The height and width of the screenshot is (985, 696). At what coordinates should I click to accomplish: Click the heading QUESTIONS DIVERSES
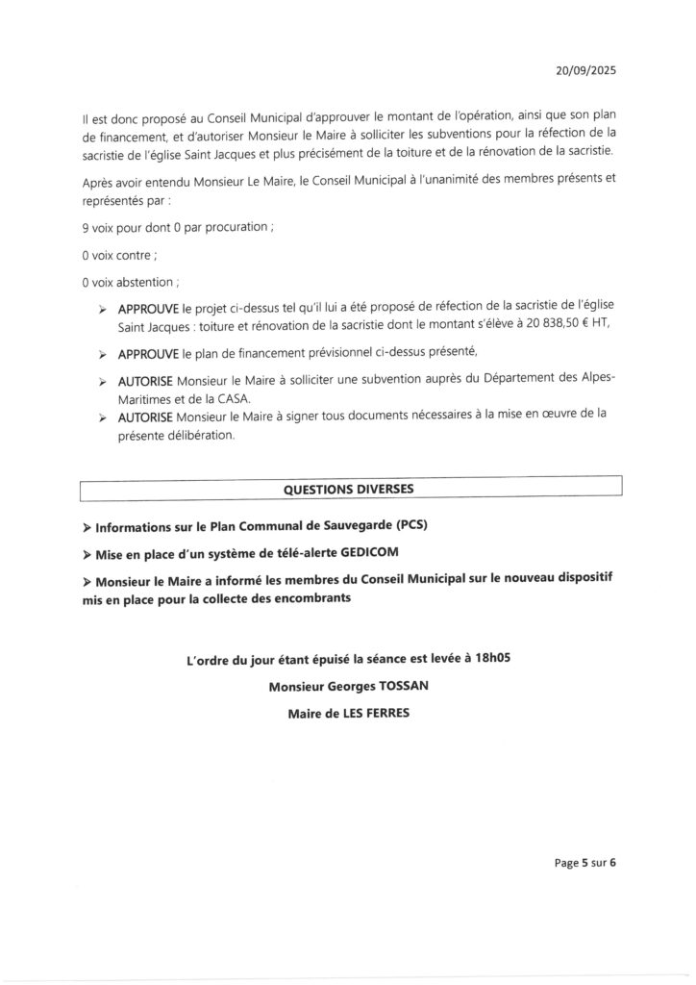349,489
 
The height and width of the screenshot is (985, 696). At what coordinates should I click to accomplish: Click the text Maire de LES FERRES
348,715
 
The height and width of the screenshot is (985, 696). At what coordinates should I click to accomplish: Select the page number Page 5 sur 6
584,862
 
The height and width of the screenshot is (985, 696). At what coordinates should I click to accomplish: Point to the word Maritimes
147,398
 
